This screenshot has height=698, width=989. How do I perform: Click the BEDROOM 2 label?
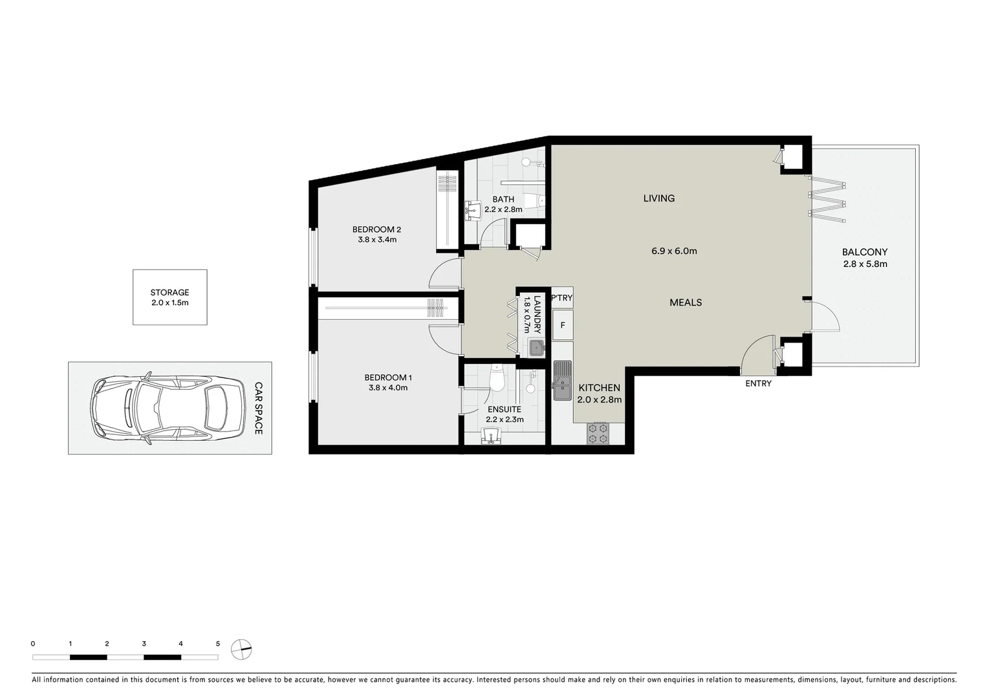[x=376, y=229]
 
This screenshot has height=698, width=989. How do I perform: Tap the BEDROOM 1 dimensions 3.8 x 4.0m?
[x=388, y=388]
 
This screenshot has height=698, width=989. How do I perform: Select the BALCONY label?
[x=864, y=252]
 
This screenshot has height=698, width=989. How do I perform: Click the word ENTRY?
[x=758, y=383]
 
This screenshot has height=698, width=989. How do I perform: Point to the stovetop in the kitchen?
[x=598, y=433]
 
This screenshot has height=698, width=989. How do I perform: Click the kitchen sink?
[x=561, y=380]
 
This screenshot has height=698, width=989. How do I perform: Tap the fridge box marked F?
[x=563, y=325]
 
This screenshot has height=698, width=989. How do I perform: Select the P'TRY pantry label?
[x=561, y=298]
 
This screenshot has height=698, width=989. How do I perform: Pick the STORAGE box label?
[x=169, y=292]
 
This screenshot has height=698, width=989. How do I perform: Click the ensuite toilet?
[x=497, y=379]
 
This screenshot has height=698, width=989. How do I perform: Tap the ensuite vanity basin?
[x=493, y=438]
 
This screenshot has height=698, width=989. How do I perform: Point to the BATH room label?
[x=503, y=199]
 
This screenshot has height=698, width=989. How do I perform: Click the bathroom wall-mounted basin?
[x=471, y=209]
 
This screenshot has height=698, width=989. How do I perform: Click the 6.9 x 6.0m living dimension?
[x=674, y=251]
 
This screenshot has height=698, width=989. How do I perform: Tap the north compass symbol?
[x=241, y=649]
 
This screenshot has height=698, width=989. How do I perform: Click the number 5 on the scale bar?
[x=218, y=644]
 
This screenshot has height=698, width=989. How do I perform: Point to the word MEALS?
[x=686, y=302]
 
